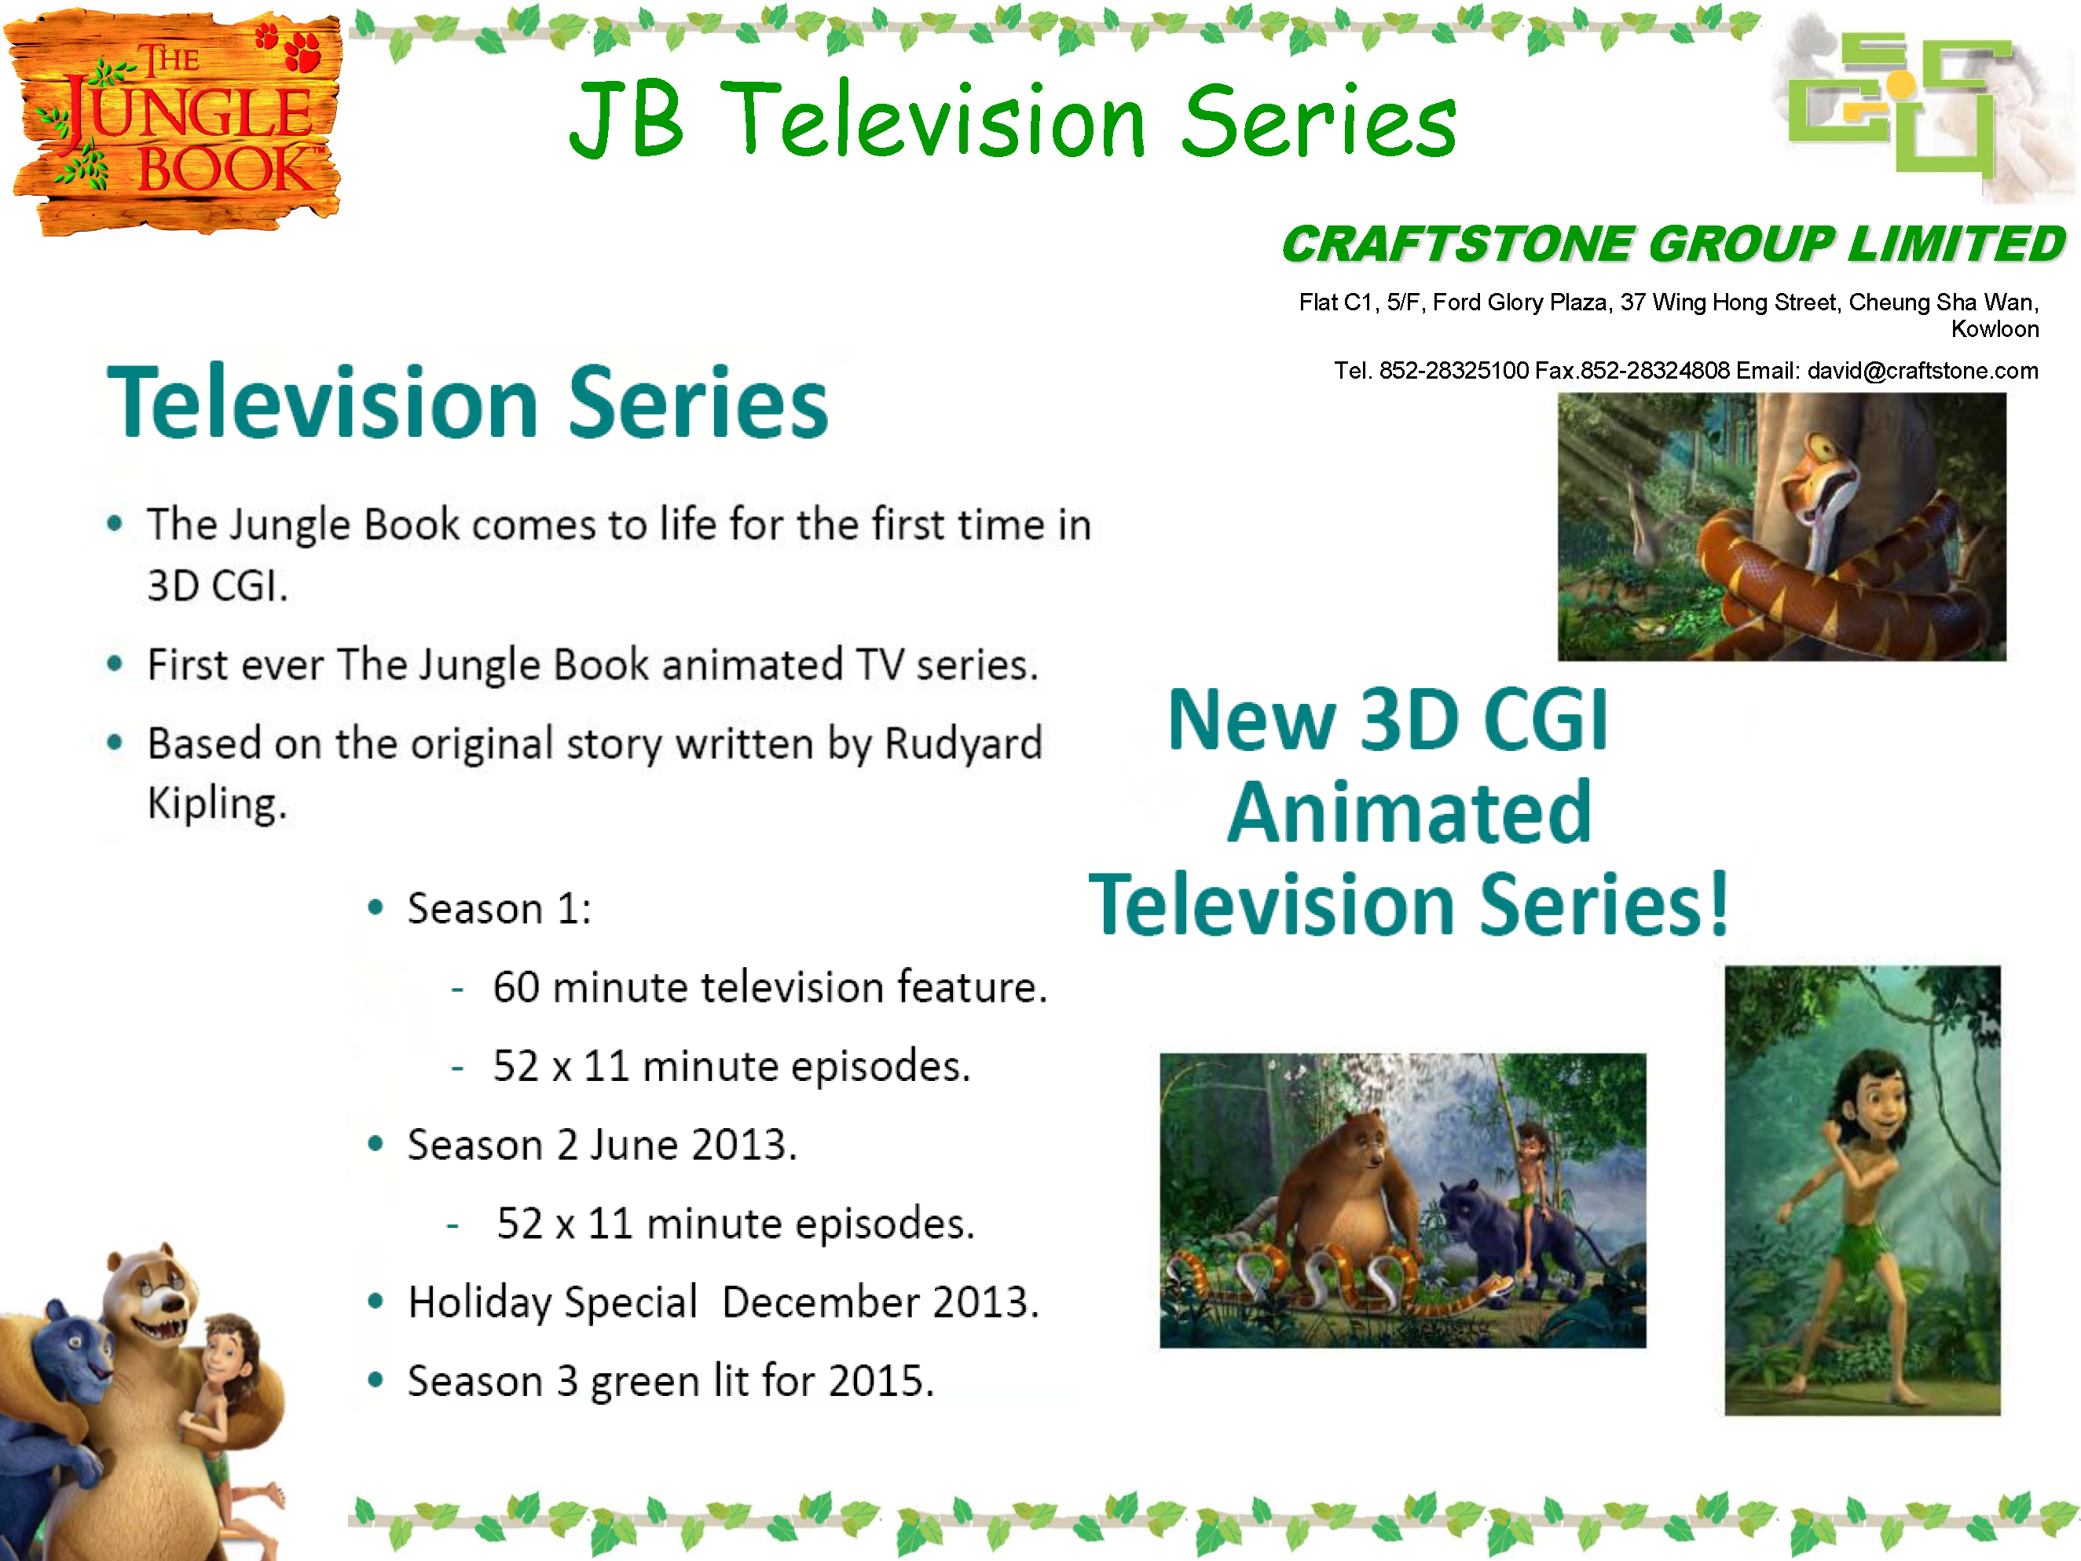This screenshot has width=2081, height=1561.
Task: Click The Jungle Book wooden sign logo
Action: click(x=175, y=123)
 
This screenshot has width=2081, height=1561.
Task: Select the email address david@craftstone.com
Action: click(x=1923, y=371)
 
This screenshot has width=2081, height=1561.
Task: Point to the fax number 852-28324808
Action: click(x=1655, y=371)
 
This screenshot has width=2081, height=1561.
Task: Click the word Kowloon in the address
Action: click(x=1995, y=329)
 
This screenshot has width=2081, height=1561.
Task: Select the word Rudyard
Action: click(x=963, y=743)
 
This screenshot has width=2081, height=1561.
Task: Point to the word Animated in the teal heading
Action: click(x=1409, y=812)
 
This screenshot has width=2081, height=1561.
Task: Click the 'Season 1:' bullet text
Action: click(x=500, y=909)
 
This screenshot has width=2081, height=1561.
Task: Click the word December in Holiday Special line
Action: click(x=820, y=1303)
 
